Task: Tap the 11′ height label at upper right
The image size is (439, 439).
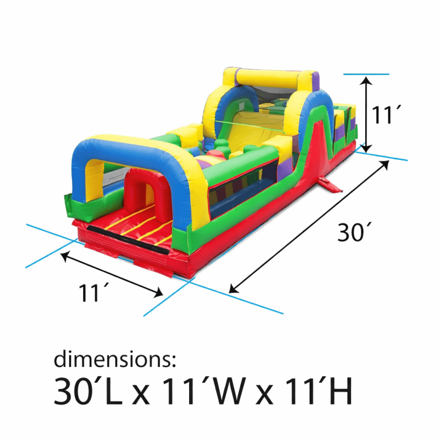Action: point(386,115)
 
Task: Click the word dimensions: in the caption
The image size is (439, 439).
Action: point(115,359)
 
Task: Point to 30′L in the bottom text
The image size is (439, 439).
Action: point(88,390)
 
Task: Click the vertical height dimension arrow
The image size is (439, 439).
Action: point(366,115)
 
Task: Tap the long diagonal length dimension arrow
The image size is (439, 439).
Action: point(309,227)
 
